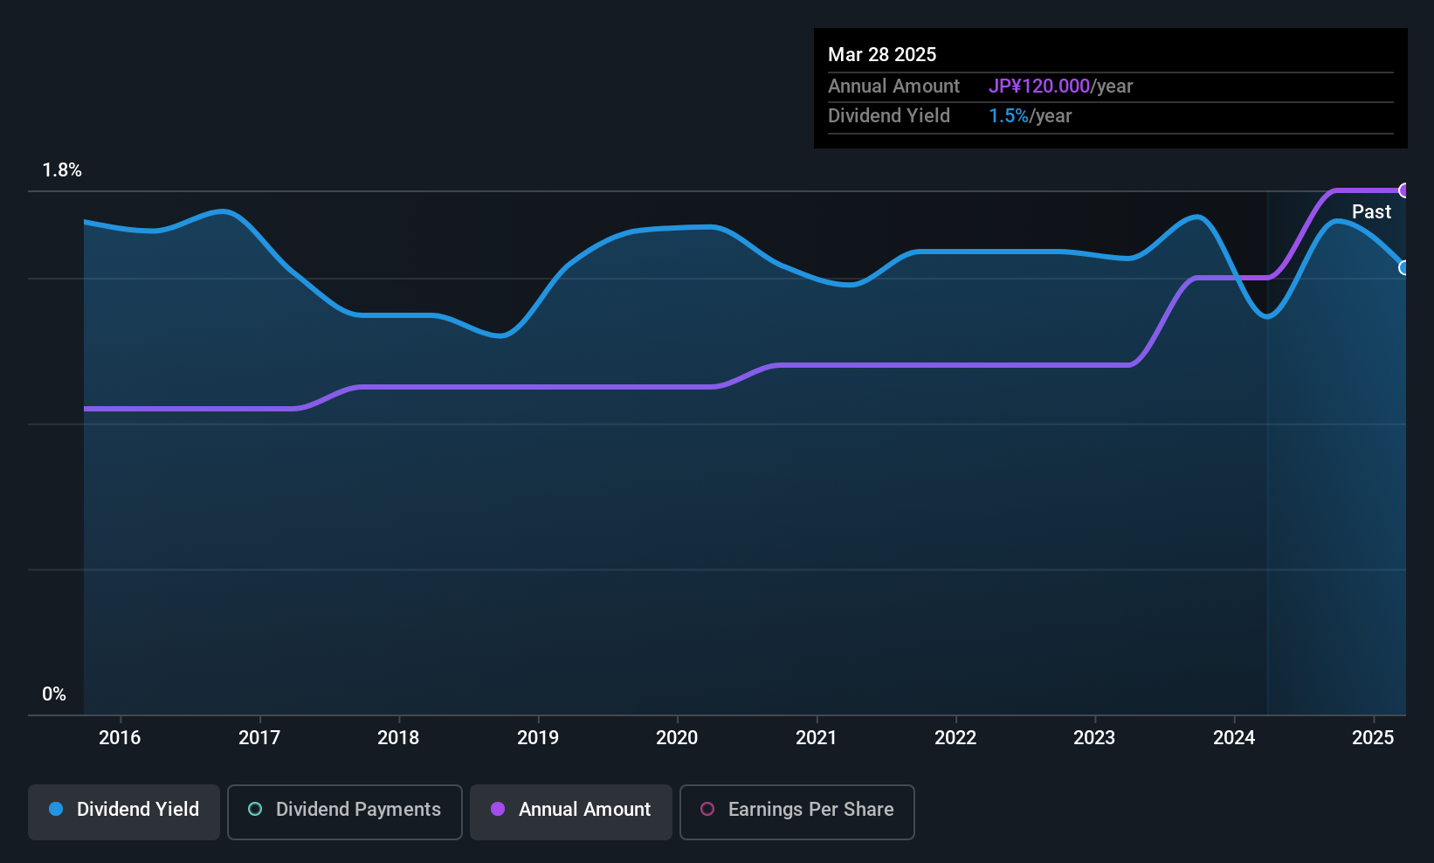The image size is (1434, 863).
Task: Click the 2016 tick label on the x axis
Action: click(120, 737)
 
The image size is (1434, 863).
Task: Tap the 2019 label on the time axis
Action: click(538, 737)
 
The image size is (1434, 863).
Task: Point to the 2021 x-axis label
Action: click(817, 737)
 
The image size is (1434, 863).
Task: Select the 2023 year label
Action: click(1094, 737)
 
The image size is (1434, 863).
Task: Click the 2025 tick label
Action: click(1373, 737)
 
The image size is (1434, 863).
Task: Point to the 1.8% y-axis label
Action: click(62, 170)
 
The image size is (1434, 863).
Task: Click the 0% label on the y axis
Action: click(54, 694)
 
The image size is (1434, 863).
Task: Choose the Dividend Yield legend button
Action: click(123, 811)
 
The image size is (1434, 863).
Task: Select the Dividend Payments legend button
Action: click(344, 811)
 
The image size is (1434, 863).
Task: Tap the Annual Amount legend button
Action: click(571, 811)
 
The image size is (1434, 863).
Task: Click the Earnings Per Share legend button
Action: click(797, 811)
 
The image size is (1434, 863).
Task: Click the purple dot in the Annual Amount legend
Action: click(498, 809)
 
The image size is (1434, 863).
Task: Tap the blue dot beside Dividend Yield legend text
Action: click(57, 809)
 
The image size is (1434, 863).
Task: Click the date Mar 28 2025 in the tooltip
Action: click(882, 54)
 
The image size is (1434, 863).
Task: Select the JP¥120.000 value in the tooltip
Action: click(1039, 86)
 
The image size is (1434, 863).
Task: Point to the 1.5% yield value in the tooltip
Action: click(1009, 116)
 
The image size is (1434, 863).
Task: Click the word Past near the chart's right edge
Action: click(1371, 212)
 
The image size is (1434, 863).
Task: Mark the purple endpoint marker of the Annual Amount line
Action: click(1404, 190)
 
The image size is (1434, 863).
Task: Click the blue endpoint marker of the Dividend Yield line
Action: click(1404, 267)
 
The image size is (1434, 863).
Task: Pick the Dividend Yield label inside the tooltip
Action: click(888, 116)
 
